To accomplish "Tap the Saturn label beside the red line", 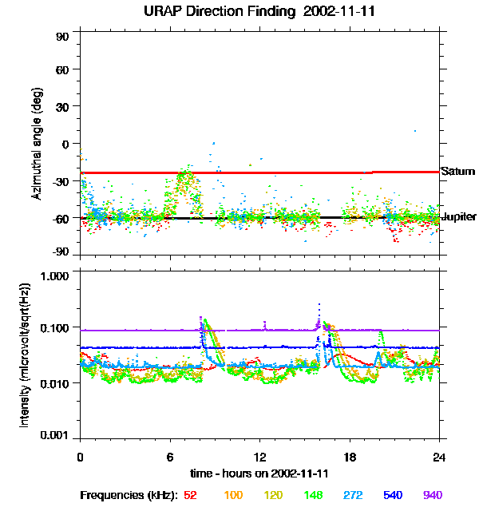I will (457, 172).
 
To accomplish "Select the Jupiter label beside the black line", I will (459, 217).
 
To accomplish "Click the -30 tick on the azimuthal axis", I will (61, 181).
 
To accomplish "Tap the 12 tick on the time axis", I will (260, 456).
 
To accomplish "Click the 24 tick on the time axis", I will (440, 456).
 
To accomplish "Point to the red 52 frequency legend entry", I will (190, 495).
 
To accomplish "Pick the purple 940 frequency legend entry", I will (432, 495).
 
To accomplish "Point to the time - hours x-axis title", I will (260, 473).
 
